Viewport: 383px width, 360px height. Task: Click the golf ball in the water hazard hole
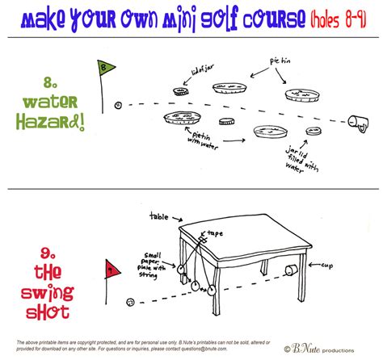119,105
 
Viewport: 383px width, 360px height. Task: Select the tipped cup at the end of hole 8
357,123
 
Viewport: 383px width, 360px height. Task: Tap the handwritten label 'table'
160,216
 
